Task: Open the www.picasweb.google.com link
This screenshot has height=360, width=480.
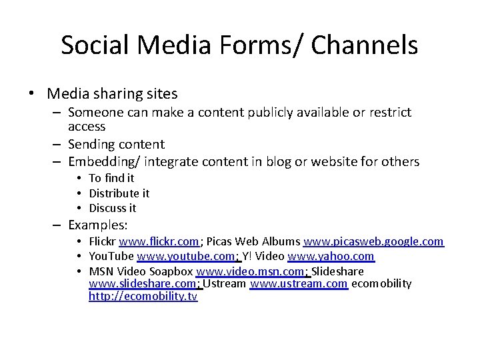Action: (373, 241)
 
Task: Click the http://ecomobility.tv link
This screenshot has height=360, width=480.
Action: (143, 297)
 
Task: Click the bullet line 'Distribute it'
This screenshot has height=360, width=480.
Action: (119, 193)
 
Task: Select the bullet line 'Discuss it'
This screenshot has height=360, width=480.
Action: (113, 208)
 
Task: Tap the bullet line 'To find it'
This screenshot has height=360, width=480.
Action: (111, 178)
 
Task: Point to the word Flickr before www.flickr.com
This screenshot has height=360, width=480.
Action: (103, 241)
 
